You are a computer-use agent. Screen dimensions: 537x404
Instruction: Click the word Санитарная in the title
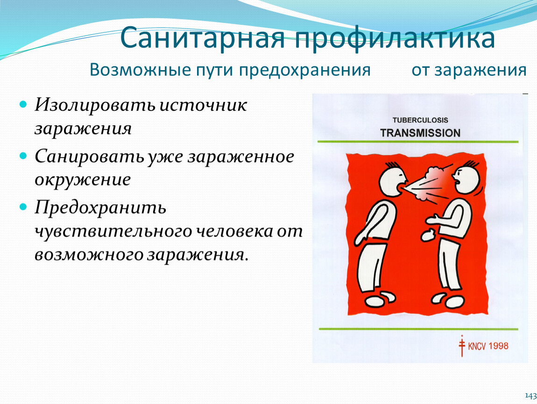tap(202, 38)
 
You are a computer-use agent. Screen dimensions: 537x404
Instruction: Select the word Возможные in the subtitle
tap(141, 70)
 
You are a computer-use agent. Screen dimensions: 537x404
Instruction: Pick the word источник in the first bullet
tap(204, 105)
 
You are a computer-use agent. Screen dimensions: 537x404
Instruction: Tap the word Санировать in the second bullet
tap(89, 157)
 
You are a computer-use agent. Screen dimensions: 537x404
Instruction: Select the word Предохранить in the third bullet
tap(100, 208)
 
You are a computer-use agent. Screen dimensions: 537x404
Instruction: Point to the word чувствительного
tap(113, 231)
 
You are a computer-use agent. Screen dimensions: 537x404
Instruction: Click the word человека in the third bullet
tap(234, 231)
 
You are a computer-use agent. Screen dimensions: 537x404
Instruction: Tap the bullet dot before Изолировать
tap(23, 104)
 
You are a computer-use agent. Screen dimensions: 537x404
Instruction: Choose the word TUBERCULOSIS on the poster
tap(420, 120)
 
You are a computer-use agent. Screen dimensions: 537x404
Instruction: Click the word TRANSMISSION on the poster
tap(420, 133)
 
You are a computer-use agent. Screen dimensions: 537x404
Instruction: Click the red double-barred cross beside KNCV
tap(462, 346)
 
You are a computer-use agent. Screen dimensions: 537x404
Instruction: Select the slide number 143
tap(531, 396)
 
